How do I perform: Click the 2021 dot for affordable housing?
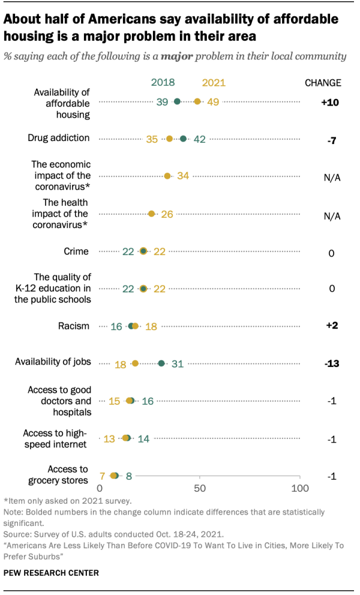[197, 102]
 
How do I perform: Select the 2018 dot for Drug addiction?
[183, 139]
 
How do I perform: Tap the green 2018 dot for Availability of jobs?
[161, 363]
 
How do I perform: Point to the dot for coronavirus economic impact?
[167, 176]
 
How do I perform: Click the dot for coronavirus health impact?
[151, 214]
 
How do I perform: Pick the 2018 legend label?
[163, 83]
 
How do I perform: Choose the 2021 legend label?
[214, 83]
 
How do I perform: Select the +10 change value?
[330, 103]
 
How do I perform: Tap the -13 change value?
[331, 363]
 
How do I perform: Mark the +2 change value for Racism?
[331, 326]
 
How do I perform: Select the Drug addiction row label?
[59, 138]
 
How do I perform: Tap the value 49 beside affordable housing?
[213, 103]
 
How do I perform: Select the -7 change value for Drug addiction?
[331, 139]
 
